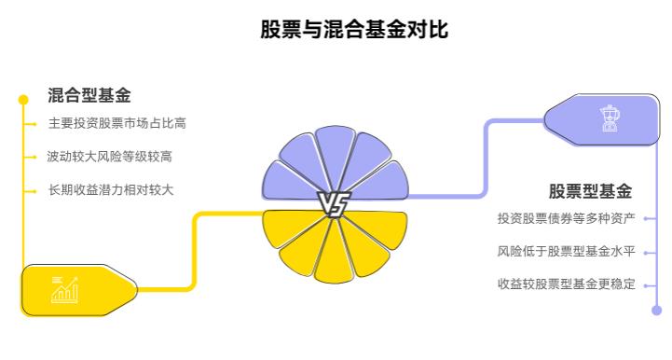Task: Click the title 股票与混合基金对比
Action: pos(354,30)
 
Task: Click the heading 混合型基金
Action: pos(89,95)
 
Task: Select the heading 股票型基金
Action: pos(590,192)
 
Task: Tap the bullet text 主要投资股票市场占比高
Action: pos(117,123)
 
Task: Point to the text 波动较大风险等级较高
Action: pos(111,157)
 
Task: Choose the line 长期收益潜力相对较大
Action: pos(111,190)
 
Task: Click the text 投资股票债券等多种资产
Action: pos(566,218)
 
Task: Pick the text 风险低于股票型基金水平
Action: pos(566,251)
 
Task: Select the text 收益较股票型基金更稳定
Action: pos(566,284)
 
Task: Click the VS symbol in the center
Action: pos(335,203)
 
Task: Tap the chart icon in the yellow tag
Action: pos(64,290)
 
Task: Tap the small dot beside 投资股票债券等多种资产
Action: pos(647,218)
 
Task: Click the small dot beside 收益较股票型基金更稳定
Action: pos(647,284)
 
